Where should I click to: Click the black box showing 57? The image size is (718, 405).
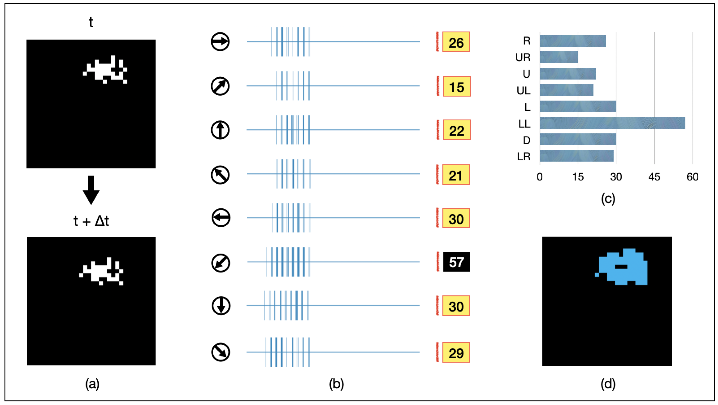pos(456,262)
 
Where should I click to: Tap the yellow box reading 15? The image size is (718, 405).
pos(457,86)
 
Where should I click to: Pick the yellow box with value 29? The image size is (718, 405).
pos(456,352)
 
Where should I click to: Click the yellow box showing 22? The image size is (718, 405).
pos(457,130)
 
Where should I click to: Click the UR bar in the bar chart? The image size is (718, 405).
pos(559,57)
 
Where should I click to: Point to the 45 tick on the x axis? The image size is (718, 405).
pos(654,177)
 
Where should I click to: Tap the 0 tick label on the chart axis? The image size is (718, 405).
pos(540,177)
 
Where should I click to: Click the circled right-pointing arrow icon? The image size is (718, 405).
pos(220,42)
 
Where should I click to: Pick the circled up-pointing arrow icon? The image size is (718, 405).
pos(220,130)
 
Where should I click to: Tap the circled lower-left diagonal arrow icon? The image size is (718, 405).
pos(221,263)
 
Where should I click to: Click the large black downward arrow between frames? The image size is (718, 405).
pos(91,190)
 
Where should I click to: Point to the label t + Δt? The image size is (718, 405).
pos(91,221)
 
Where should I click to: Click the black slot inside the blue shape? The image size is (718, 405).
pos(621,267)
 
